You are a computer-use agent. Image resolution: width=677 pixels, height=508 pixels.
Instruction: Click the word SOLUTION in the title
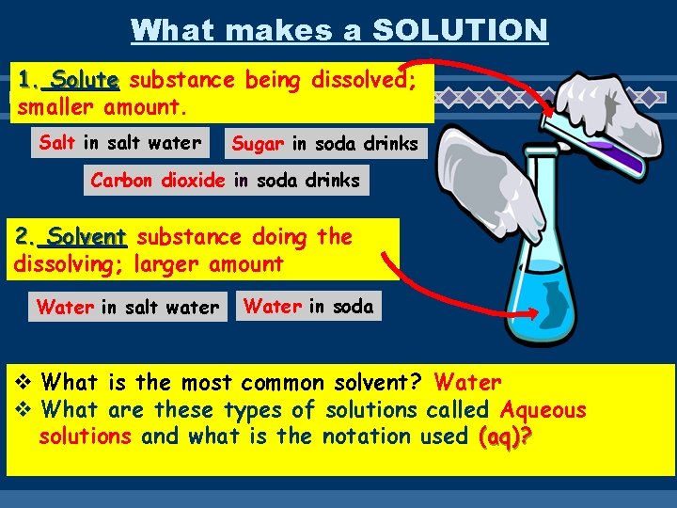pos(460,29)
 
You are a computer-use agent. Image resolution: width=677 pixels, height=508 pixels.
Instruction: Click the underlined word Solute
pos(85,80)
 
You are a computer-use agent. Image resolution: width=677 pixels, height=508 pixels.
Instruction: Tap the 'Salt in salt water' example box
pos(119,143)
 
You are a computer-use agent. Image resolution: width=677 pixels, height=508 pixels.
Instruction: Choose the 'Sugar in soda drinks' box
pos(324,144)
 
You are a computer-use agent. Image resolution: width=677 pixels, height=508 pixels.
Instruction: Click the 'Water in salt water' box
pos(127,307)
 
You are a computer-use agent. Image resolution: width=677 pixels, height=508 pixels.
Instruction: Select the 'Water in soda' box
pos(308,306)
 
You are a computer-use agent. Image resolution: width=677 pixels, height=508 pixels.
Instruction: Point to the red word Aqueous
pos(543,410)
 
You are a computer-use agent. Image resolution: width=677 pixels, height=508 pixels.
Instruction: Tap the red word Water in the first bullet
pos(467,383)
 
